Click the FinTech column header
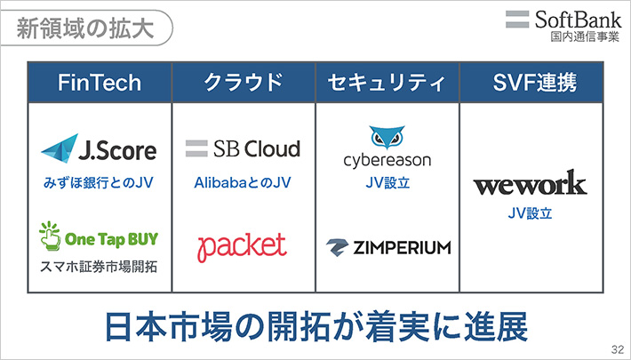click(x=100, y=84)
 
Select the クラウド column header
click(x=244, y=84)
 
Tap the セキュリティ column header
click(x=387, y=84)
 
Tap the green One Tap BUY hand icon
click(x=50, y=236)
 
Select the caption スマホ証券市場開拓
click(x=99, y=267)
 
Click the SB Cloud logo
click(x=243, y=148)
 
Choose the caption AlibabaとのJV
click(x=243, y=183)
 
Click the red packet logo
click(x=242, y=245)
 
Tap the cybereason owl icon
click(x=387, y=139)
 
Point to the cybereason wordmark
click(x=387, y=161)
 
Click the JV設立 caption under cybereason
click(x=387, y=183)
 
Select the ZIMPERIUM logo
click(x=387, y=246)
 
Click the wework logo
click(x=530, y=185)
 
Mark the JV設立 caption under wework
click(x=530, y=213)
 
